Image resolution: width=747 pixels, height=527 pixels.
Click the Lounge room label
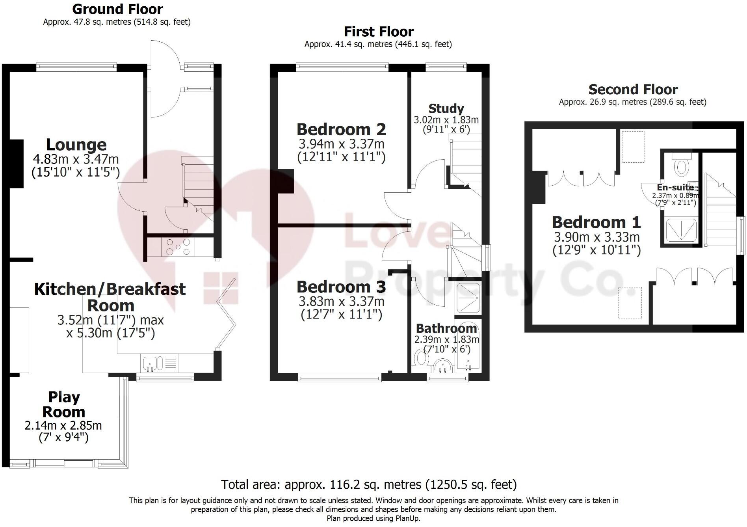pos(76,145)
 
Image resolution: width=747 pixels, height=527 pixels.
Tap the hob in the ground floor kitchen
pos(178,247)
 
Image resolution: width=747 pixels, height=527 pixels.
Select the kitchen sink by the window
pos(150,363)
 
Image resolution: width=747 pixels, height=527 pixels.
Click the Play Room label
pos(64,404)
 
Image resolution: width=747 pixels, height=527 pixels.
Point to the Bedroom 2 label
pos(341,129)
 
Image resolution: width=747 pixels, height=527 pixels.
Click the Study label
pos(446,108)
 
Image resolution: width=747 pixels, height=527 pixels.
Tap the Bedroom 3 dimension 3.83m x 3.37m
pos(341,302)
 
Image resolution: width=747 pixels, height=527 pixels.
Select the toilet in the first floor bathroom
pos(421,358)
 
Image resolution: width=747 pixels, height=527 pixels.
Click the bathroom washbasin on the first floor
pos(443,365)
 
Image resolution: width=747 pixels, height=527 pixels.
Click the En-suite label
pos(675,188)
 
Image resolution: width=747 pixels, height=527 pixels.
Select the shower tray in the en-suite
pos(681,230)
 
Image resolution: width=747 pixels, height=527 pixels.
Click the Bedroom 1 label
pos(596,222)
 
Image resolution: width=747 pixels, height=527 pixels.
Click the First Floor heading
pos(379,32)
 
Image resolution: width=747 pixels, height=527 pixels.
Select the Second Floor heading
pos(633,89)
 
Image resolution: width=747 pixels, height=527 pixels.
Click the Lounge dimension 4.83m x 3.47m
pos(76,159)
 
